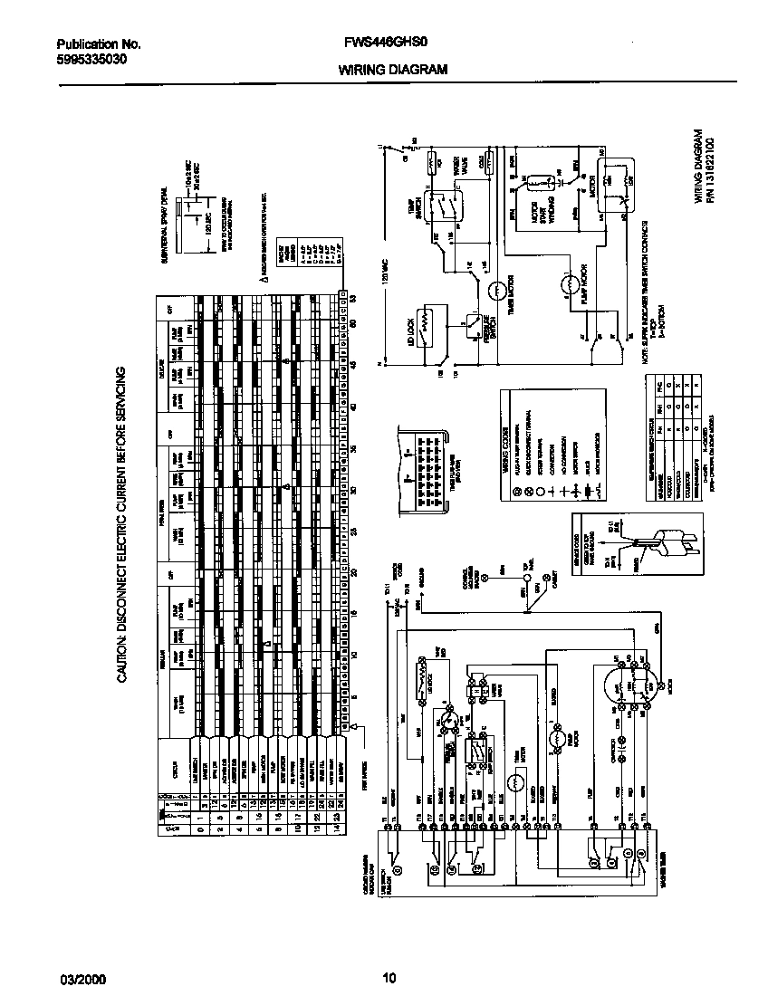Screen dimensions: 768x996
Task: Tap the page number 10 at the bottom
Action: (389, 977)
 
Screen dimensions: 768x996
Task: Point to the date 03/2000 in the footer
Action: (78, 977)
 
